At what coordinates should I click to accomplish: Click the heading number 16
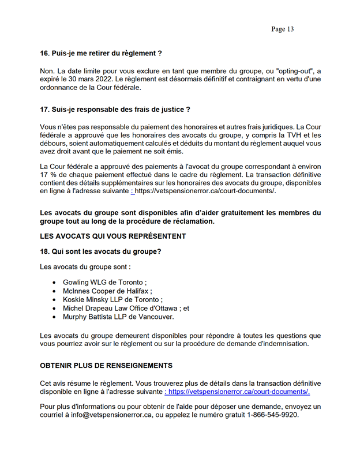[44, 54]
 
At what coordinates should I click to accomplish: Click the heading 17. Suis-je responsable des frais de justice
[115, 109]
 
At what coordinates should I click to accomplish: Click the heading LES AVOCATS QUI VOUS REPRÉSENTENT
[113, 236]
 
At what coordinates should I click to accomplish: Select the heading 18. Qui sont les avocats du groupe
[100, 251]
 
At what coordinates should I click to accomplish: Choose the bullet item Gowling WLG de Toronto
[104, 283]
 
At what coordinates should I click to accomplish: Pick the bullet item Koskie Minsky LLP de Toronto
[112, 300]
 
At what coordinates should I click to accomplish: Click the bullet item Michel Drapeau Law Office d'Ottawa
[126, 309]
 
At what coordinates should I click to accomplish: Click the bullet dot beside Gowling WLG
[54, 283]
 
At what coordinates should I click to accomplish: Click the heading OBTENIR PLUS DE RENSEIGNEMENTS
[106, 366]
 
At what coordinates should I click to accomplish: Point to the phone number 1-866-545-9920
[273, 415]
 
